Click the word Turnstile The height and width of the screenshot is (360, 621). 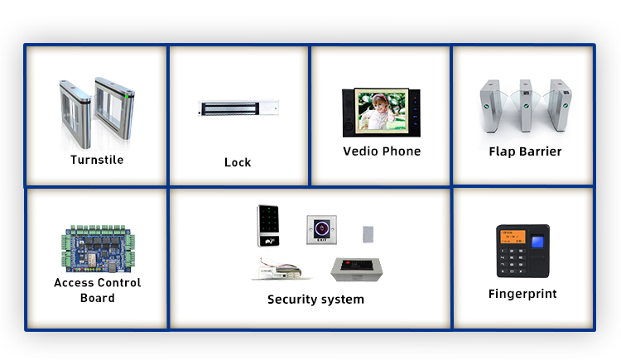[x=97, y=160]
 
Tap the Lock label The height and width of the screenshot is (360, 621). [x=238, y=162]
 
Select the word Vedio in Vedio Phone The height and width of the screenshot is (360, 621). [x=361, y=151]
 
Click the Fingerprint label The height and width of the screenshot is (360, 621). [x=522, y=294]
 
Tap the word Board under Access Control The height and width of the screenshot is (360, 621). [x=97, y=298]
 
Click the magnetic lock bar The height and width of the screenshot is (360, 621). [x=238, y=108]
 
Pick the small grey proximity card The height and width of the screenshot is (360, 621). [x=368, y=233]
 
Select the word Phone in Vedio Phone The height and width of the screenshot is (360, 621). [x=402, y=151]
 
